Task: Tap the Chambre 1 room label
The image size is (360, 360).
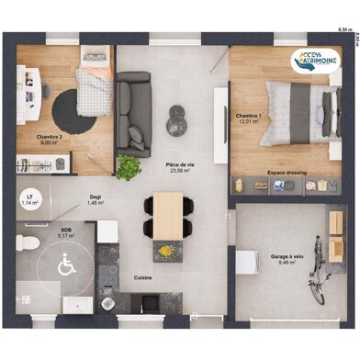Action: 250,117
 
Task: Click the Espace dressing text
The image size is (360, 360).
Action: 287,172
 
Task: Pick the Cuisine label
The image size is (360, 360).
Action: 143,276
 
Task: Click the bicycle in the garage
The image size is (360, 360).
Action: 317,271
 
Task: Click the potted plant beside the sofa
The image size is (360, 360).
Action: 129,167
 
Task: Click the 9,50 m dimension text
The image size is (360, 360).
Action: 344,30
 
